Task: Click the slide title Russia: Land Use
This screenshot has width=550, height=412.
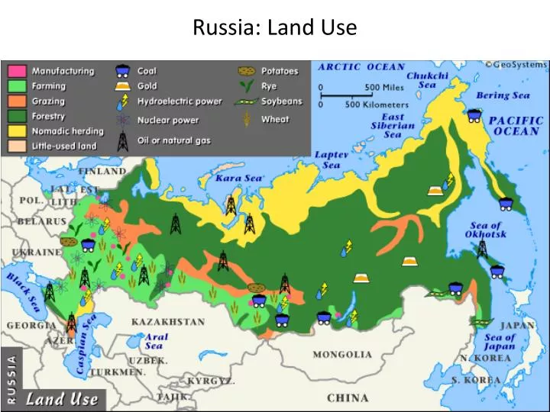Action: point(274,28)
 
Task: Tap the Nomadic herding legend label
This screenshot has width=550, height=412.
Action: point(67,131)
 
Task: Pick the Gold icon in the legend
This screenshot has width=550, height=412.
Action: point(121,86)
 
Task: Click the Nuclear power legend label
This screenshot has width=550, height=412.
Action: point(168,120)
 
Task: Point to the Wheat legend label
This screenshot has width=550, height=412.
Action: point(275,119)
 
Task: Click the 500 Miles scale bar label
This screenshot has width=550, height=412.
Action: point(384,87)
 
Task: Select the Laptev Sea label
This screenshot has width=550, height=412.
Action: point(331,159)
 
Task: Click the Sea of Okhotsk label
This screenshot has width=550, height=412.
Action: point(485,230)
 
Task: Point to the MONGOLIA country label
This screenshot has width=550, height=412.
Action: point(342,355)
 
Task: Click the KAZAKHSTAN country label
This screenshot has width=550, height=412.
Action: point(168,322)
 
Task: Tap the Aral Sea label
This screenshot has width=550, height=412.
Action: point(156,341)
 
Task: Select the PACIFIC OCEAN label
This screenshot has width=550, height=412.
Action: point(516,126)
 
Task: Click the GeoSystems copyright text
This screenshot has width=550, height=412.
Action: point(516,65)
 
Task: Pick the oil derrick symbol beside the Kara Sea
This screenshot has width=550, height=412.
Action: point(231,204)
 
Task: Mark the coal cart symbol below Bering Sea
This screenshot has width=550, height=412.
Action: point(474,115)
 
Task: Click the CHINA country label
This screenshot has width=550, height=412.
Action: point(348,398)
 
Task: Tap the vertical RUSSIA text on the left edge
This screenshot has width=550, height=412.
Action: point(11,378)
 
